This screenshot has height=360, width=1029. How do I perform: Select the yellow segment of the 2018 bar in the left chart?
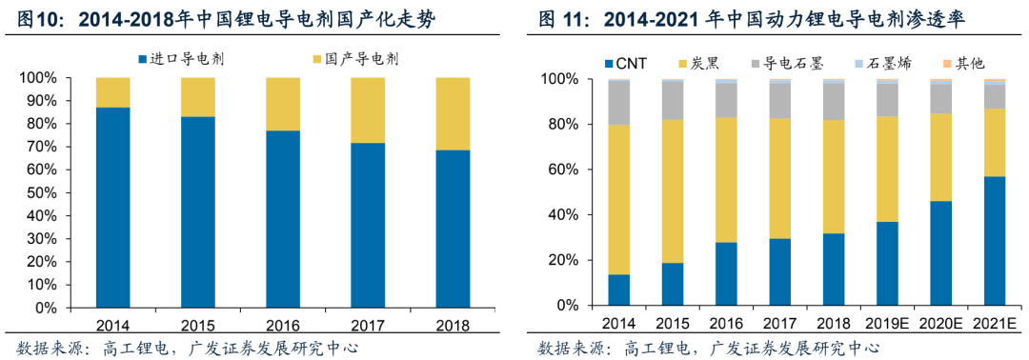click(453, 113)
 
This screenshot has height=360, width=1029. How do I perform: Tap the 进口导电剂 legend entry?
click(181, 59)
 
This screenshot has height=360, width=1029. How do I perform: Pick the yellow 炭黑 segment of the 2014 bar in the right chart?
click(619, 200)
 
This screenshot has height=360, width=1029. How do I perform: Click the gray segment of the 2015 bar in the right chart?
click(673, 101)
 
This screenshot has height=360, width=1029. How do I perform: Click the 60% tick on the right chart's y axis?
click(561, 170)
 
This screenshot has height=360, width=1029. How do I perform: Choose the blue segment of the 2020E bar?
click(941, 253)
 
